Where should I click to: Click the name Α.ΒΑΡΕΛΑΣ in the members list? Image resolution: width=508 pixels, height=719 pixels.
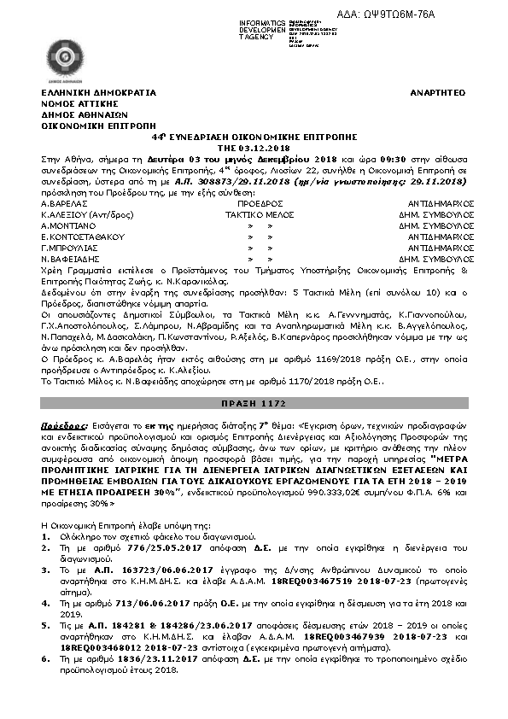pyautogui.click(x=62, y=204)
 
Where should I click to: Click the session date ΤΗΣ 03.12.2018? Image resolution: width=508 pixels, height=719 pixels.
pyautogui.click(x=254, y=147)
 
